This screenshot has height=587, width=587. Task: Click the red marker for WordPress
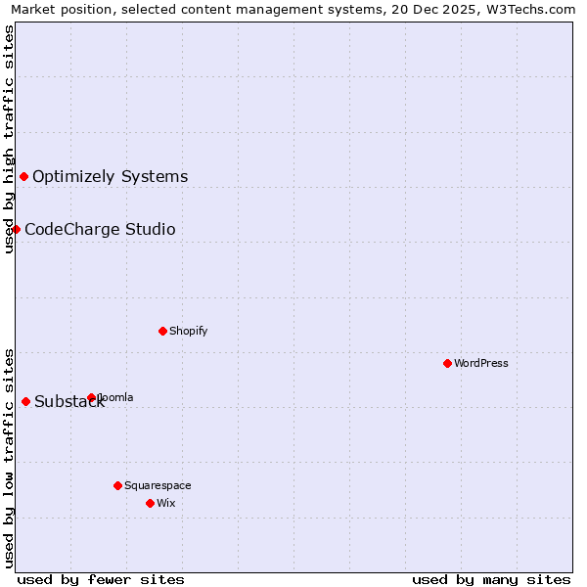click(447, 363)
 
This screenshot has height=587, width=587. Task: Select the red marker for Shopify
click(162, 331)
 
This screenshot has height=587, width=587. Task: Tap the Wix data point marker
click(150, 503)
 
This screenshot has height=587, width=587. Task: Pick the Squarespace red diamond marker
click(117, 485)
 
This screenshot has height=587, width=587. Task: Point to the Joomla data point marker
click(91, 397)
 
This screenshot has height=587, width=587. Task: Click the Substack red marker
click(25, 401)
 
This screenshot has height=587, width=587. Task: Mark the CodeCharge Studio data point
click(16, 229)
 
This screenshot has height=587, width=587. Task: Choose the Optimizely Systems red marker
click(23, 176)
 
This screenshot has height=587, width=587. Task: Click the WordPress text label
click(481, 363)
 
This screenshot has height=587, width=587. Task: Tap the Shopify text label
click(189, 331)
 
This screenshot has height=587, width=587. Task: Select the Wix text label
click(165, 503)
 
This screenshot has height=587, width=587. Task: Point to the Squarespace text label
click(158, 485)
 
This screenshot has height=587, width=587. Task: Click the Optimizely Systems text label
click(111, 177)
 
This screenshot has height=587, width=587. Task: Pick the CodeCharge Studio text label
click(100, 230)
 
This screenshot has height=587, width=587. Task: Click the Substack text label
click(68, 402)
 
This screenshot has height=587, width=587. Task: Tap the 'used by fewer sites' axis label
click(101, 579)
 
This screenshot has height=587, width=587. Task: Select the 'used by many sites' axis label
click(491, 579)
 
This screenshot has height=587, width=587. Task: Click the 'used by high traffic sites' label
click(9, 139)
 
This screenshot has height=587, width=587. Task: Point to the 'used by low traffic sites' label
click(9, 457)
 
